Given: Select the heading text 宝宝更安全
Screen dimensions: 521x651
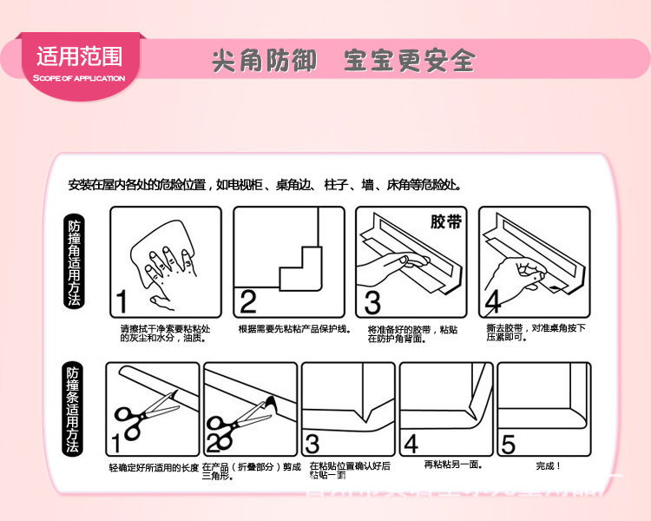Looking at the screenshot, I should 409,61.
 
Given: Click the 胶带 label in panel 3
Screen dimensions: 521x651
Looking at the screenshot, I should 446,221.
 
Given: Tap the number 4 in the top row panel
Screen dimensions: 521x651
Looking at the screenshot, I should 493,300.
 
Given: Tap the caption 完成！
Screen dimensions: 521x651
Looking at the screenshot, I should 548,466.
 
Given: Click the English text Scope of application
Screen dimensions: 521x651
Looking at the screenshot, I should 79,78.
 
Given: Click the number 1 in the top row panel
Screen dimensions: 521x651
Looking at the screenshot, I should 122,300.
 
